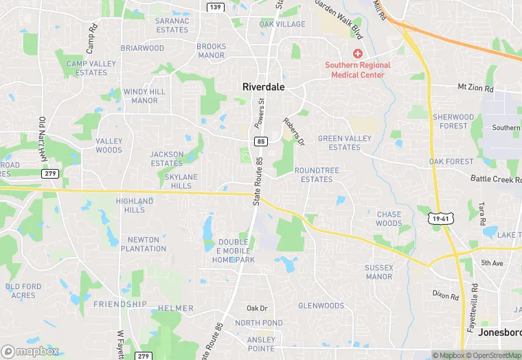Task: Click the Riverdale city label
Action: [x=263, y=87]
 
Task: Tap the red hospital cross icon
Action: [x=358, y=54]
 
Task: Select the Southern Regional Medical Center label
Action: [x=358, y=69]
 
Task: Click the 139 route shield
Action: [x=216, y=6]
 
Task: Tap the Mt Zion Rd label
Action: [x=475, y=88]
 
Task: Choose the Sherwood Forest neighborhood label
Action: [x=453, y=122]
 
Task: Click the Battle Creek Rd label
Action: [x=496, y=179]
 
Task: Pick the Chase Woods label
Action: [x=389, y=218]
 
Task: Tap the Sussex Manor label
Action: [x=379, y=272]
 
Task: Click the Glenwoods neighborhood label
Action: [x=321, y=306]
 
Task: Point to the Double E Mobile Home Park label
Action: [x=234, y=251]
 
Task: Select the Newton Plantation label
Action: [x=143, y=244]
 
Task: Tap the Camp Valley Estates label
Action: [x=91, y=68]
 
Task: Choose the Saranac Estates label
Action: [x=172, y=25]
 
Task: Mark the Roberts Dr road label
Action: [x=293, y=131]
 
